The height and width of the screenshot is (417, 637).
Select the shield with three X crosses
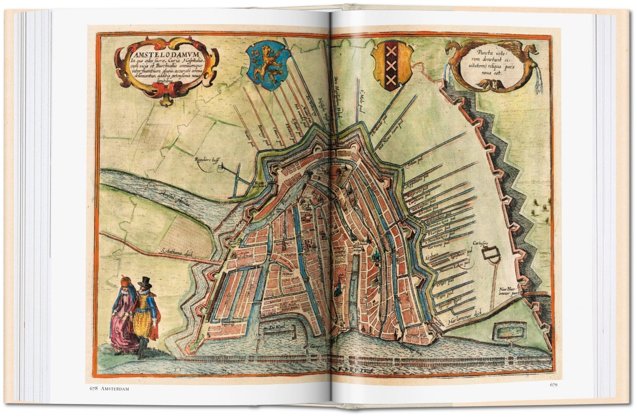(391, 65)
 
